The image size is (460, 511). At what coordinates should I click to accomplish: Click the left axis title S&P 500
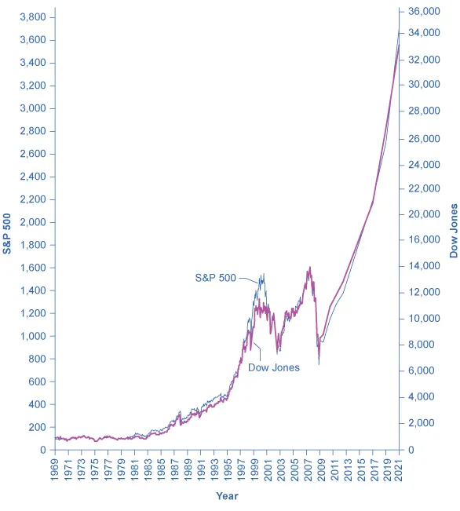8,233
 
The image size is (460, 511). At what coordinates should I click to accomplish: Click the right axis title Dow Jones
453,231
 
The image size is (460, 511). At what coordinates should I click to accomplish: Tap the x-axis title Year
228,496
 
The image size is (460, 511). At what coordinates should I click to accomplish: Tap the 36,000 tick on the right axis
422,12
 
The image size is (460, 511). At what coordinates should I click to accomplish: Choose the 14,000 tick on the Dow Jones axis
422,267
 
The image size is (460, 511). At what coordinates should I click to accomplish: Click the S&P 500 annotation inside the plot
215,277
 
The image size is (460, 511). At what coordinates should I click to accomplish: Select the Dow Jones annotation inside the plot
274,367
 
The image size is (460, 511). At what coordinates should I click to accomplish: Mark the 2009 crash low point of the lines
319,363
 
